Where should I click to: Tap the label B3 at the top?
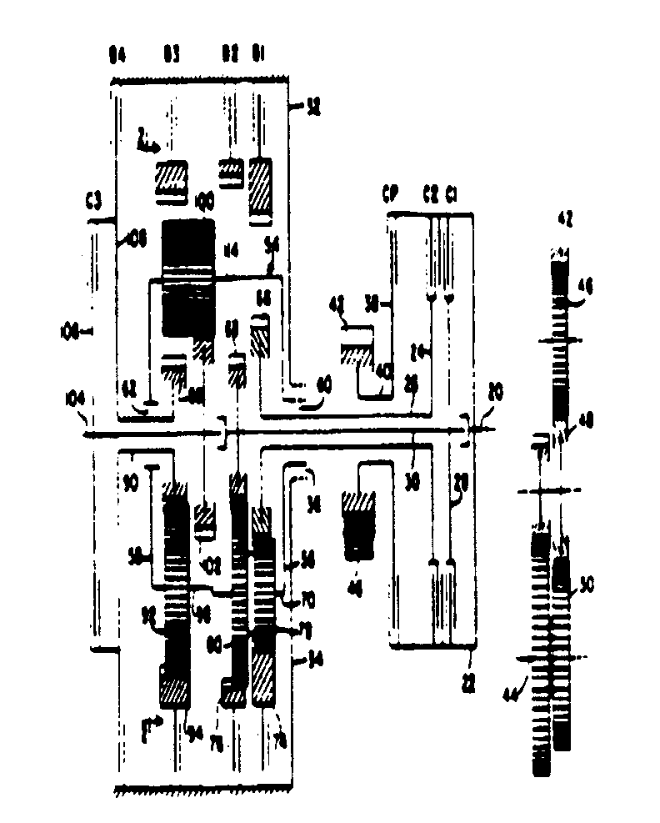coord(172,58)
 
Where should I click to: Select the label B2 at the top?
coord(229,58)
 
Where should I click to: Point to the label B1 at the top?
coord(258,58)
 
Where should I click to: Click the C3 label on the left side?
coord(93,200)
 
